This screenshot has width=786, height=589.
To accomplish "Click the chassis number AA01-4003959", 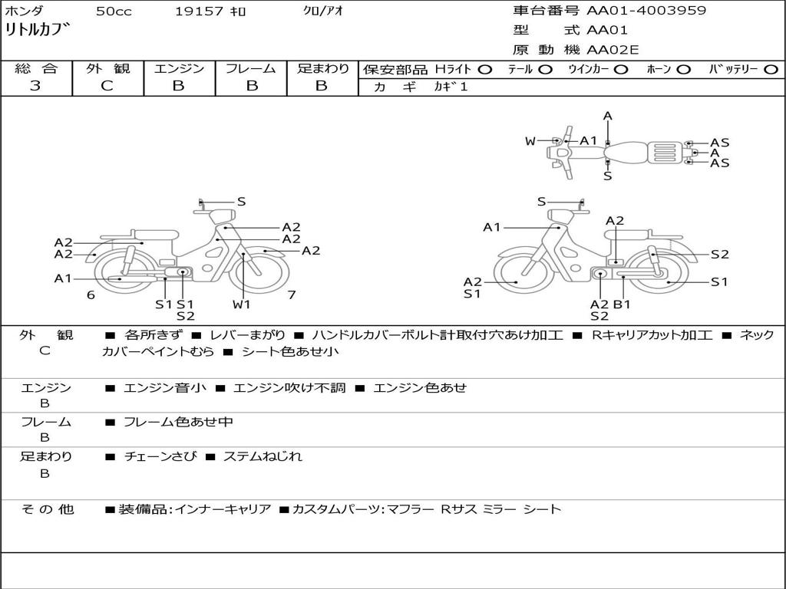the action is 646,10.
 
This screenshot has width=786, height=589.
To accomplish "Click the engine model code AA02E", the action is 613,50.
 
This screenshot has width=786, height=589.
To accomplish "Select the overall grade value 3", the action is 35,86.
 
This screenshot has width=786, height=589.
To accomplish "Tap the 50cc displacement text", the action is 114,12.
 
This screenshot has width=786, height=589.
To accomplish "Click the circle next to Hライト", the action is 485,70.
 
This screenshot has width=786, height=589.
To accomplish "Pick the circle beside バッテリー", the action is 771,70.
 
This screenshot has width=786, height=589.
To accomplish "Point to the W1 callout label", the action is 242,304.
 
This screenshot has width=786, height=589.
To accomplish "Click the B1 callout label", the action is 622,304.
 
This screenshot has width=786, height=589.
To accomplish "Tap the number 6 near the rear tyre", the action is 91,295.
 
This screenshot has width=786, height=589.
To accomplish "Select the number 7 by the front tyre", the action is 292,295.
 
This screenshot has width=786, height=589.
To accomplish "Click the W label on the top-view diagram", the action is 530,141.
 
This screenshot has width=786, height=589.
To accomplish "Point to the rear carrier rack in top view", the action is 665,153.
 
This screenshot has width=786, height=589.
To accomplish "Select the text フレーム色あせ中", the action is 178,423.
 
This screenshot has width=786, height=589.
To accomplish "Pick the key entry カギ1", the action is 451,87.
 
